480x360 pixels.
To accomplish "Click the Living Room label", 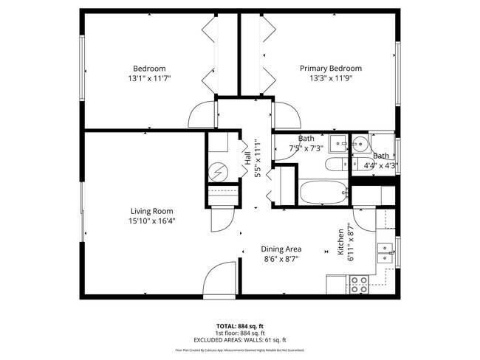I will (x=152, y=211).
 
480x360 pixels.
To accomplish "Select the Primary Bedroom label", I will (x=330, y=68).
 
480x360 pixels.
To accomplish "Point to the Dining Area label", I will (x=281, y=249).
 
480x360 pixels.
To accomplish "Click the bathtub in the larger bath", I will (x=323, y=193).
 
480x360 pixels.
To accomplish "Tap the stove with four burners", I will (x=359, y=284).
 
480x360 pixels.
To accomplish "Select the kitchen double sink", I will (x=385, y=252).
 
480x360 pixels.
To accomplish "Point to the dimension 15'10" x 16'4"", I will (x=152, y=221).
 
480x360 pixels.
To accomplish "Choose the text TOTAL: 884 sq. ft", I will (x=240, y=325).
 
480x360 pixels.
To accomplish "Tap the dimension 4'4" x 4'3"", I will (x=381, y=165).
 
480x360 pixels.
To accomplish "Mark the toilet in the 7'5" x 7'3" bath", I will (x=336, y=165).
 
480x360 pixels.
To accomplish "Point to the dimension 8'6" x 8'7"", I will (x=281, y=259).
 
